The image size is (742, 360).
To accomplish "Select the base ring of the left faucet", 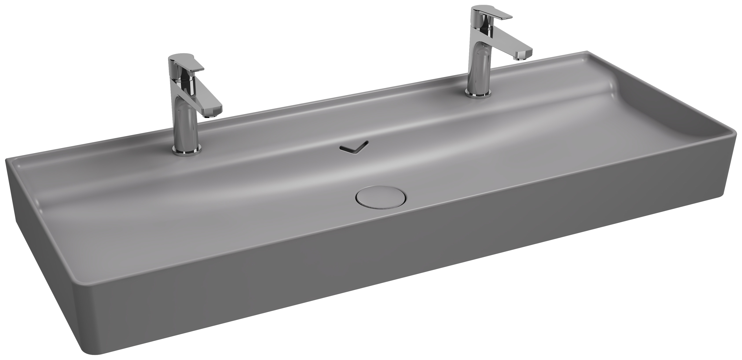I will (187, 149).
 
